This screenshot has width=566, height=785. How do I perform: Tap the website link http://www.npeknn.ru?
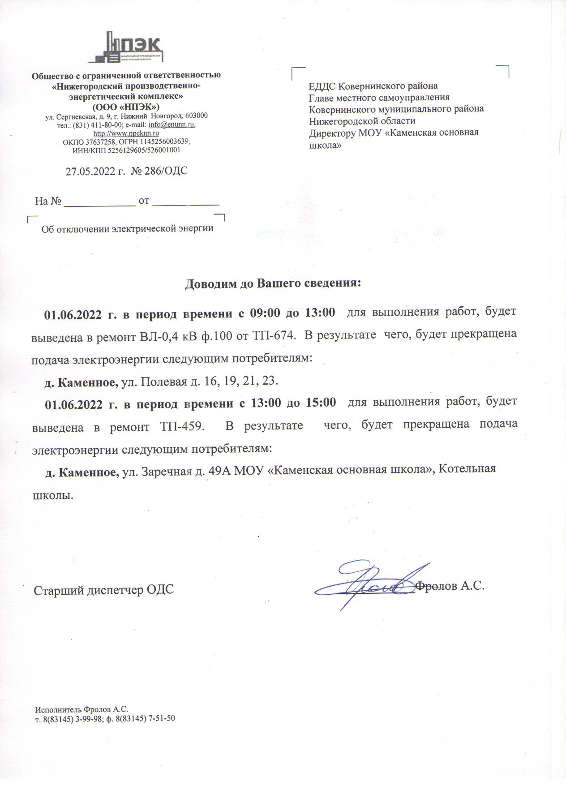(126, 133)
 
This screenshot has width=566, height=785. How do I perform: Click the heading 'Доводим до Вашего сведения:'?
(273, 284)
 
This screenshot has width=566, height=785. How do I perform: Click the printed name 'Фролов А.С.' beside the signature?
(450, 586)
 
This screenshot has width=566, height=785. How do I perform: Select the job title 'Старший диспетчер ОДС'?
(104, 590)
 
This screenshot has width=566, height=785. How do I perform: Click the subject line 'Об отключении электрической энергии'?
(127, 229)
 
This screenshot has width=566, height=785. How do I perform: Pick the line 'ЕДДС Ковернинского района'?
(373, 86)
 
